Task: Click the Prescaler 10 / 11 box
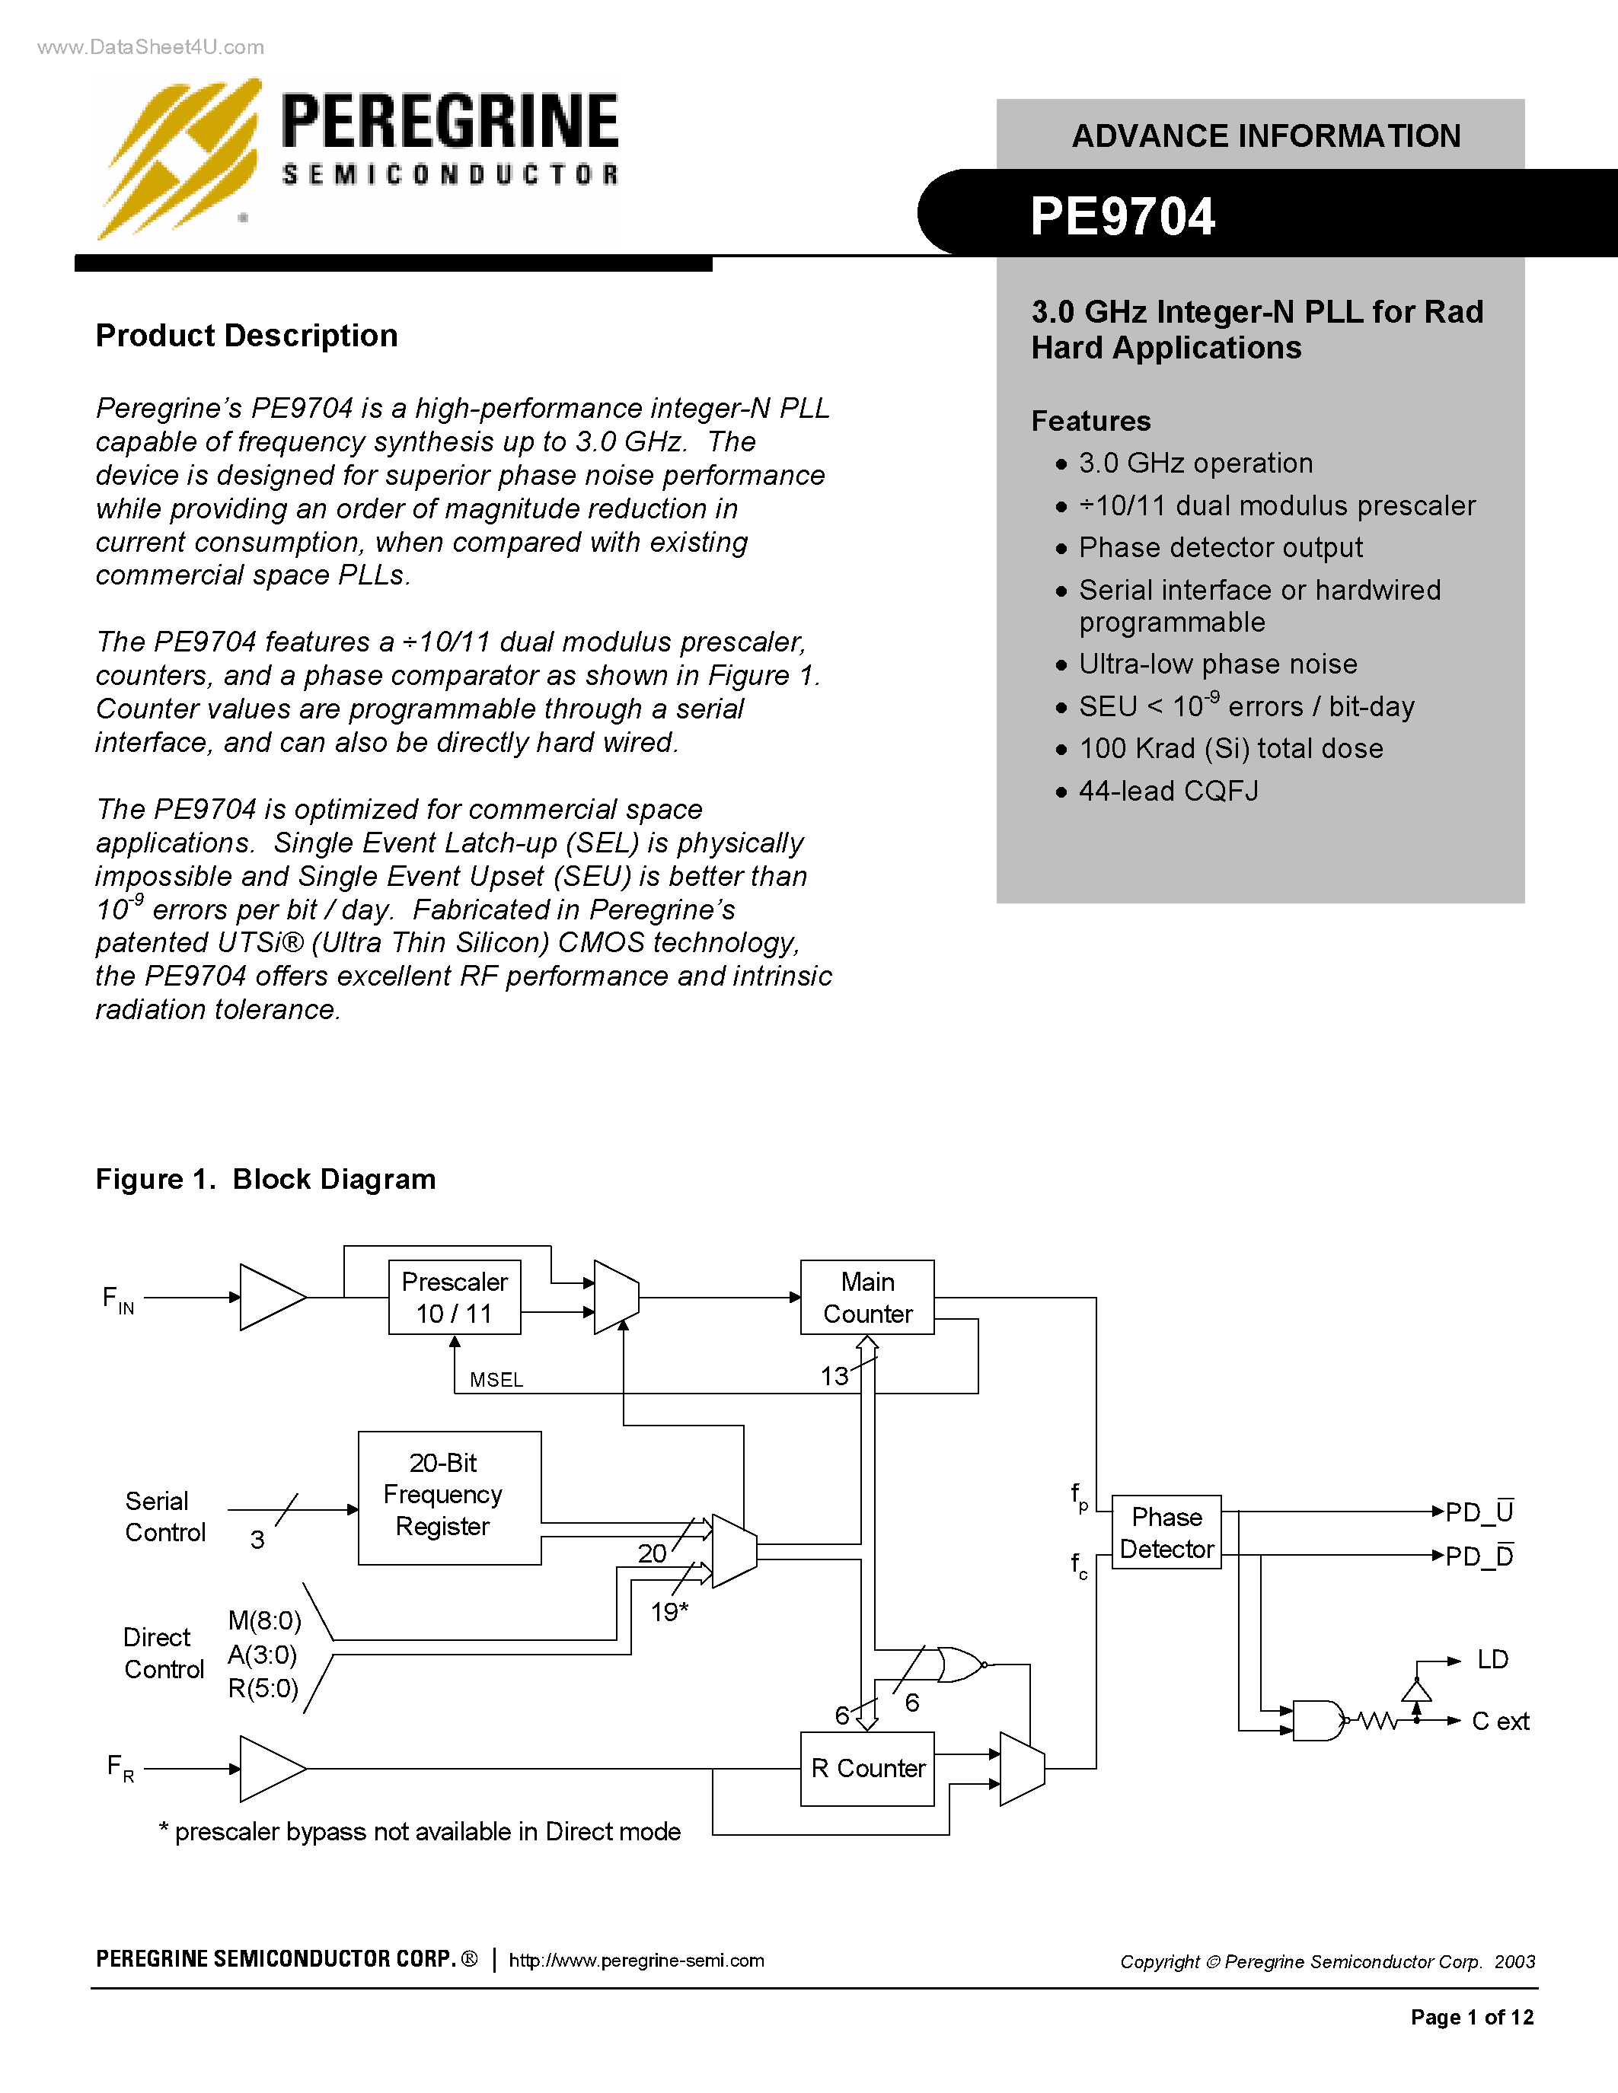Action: [x=455, y=1297]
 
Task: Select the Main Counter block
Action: [x=866, y=1297]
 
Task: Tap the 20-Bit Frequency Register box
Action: [x=448, y=1497]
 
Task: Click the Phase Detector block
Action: [x=1166, y=1531]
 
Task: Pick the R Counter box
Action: [x=866, y=1768]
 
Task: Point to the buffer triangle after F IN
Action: [x=270, y=1297]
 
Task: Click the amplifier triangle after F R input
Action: [x=270, y=1768]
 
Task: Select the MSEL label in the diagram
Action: [x=496, y=1379]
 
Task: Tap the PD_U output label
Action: [x=1479, y=1512]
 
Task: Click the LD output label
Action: [x=1492, y=1659]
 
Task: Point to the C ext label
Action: [x=1500, y=1721]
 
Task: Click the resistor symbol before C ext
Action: [x=1377, y=1721]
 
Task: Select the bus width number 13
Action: [x=834, y=1376]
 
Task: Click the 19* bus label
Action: [x=669, y=1612]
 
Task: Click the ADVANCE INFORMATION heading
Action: [x=1265, y=136]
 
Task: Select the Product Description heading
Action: [x=247, y=336]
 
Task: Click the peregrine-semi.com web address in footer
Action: [x=636, y=1961]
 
